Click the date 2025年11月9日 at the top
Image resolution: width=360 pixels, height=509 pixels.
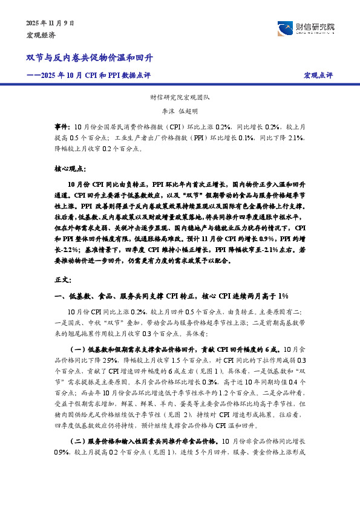(x=50, y=23)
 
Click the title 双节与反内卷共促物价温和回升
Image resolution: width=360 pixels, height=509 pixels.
(x=90, y=58)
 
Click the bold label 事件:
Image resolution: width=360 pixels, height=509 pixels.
(x=62, y=128)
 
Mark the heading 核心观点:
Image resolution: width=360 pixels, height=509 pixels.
(x=70, y=169)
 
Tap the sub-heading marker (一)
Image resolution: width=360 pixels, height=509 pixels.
(x=79, y=349)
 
